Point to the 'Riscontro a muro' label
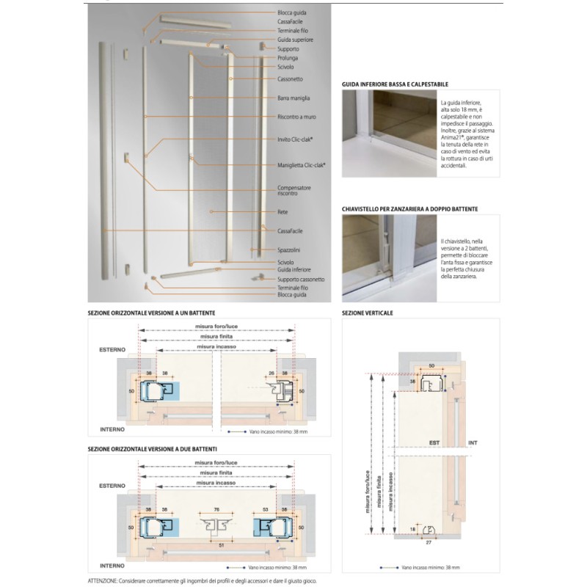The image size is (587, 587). [x=296, y=117]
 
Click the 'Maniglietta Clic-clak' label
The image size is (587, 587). [x=302, y=165]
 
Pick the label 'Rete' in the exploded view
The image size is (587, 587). [x=282, y=211]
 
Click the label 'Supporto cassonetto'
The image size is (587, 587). [x=301, y=280]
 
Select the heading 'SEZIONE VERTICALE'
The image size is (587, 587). [x=368, y=313]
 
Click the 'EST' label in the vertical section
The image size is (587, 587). [x=434, y=443]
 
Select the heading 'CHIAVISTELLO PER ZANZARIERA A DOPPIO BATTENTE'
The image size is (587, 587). [x=409, y=209]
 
